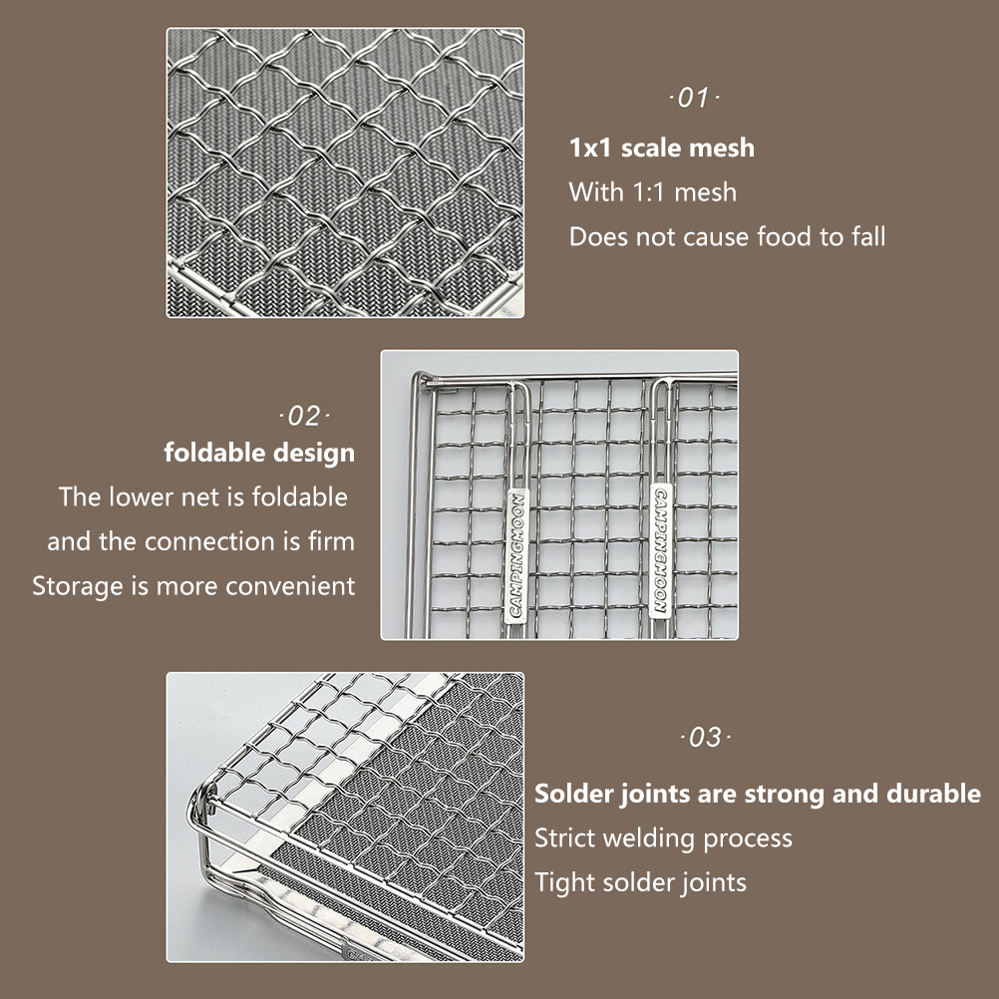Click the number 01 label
coord(694,98)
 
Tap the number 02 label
coord(304,416)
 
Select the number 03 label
coord(705,737)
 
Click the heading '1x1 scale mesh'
coord(662,148)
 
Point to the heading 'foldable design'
coord(259,453)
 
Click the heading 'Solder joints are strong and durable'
coord(758,794)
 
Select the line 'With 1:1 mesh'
coord(653,191)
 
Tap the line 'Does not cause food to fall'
coord(727,236)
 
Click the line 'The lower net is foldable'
coord(203,497)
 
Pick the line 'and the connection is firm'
coord(200,541)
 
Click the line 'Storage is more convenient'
coord(193,586)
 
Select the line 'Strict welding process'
coord(663,838)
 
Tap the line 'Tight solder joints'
coord(640,883)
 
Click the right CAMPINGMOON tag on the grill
coord(660,550)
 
